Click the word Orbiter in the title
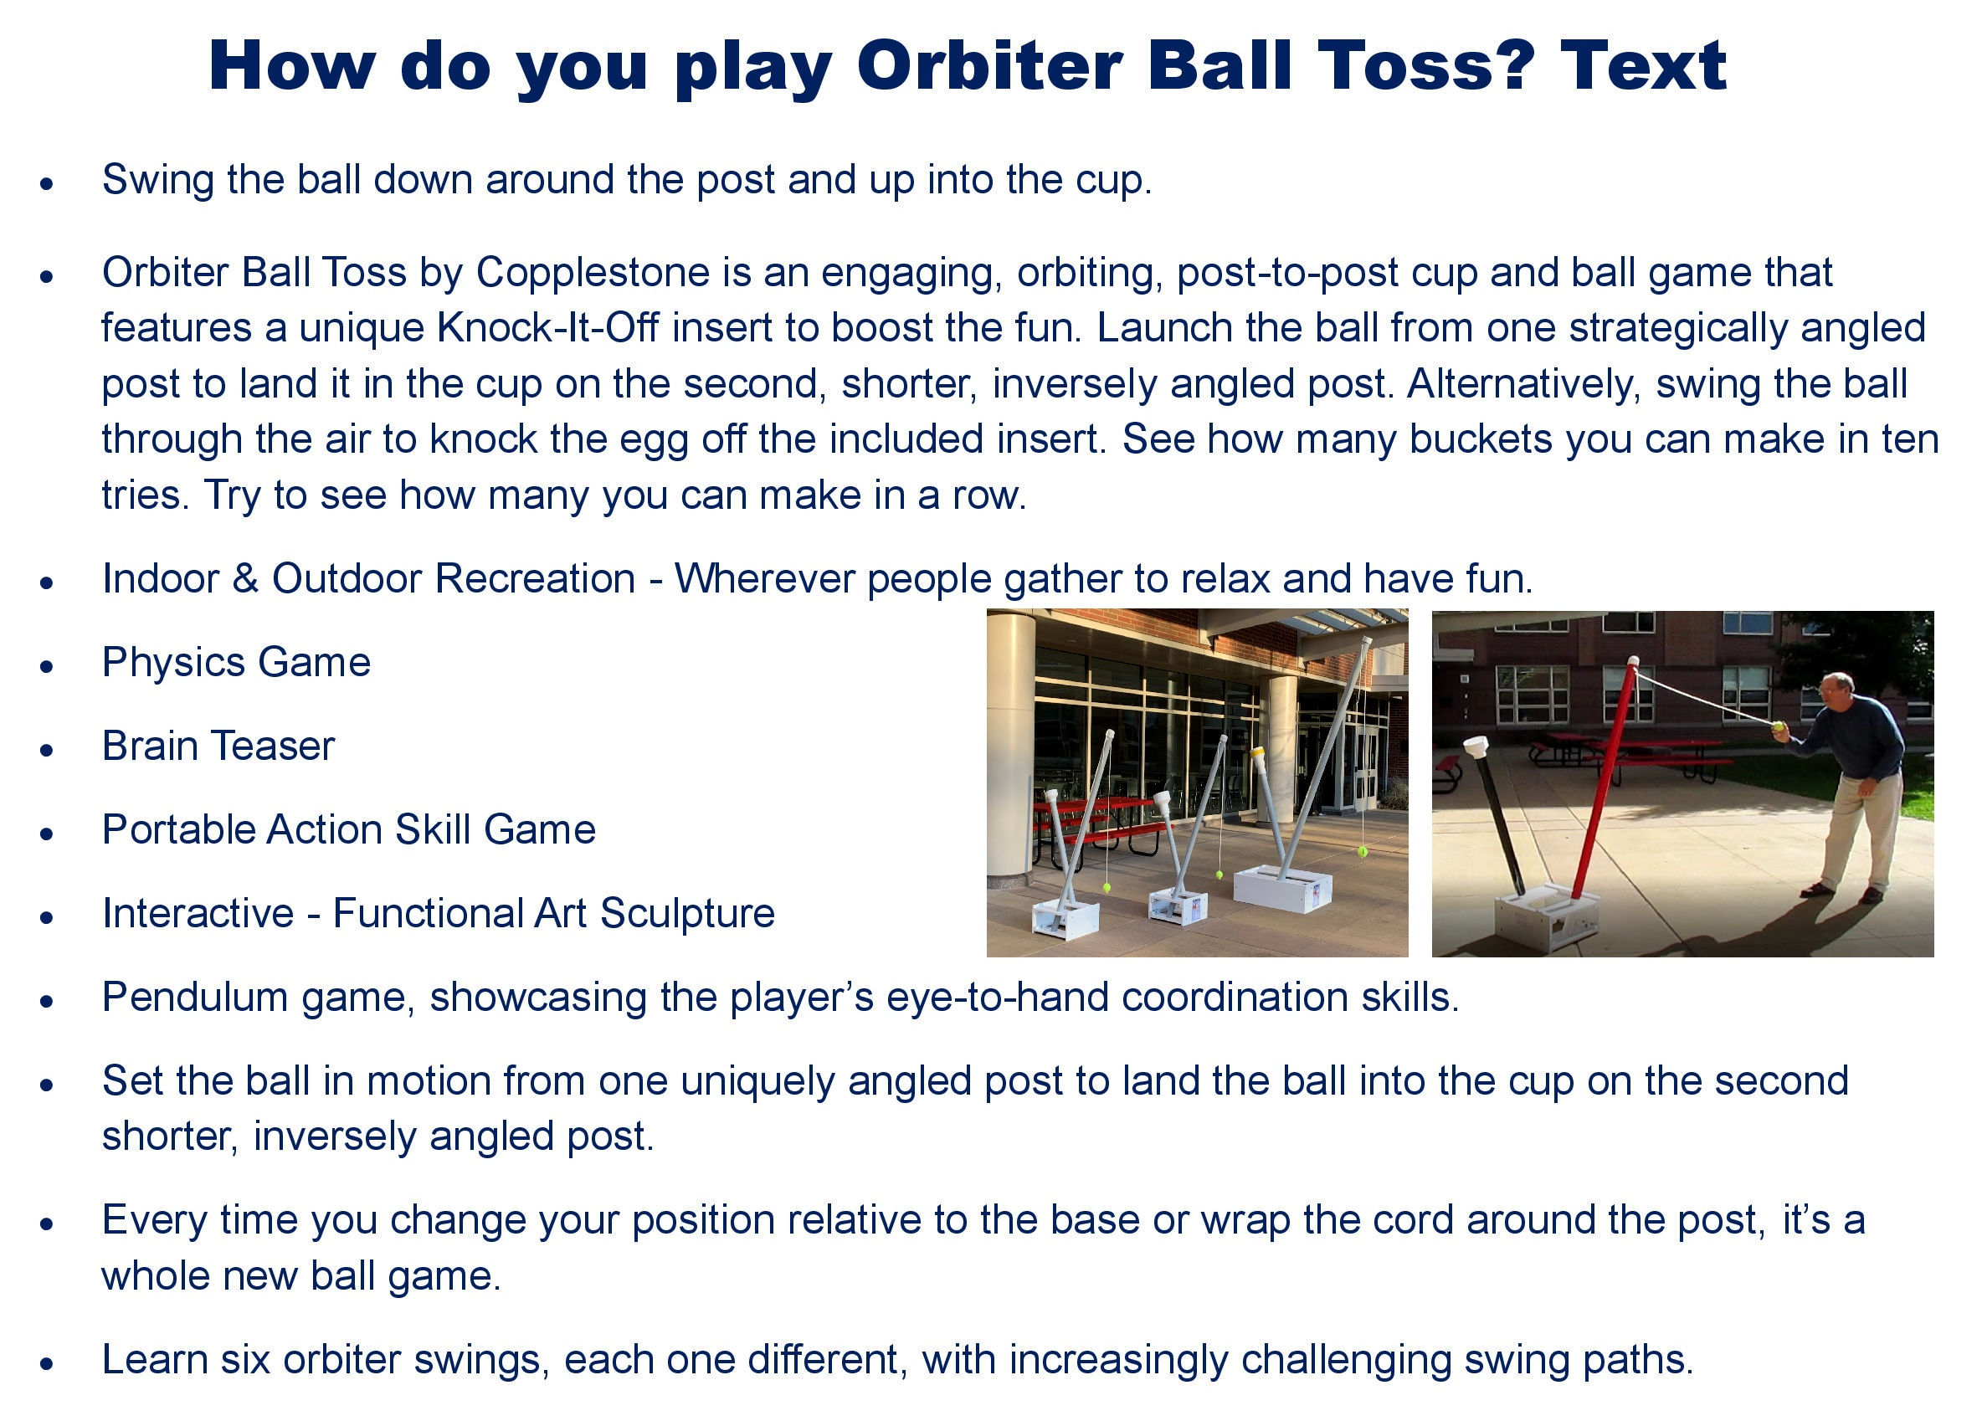click(x=988, y=65)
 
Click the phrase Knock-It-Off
click(x=547, y=328)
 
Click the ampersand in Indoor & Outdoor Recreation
click(x=246, y=579)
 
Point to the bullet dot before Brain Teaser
click(x=47, y=750)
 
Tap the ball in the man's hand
click(x=1777, y=726)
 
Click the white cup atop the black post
click(x=1476, y=748)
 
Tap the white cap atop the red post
click(x=1632, y=663)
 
